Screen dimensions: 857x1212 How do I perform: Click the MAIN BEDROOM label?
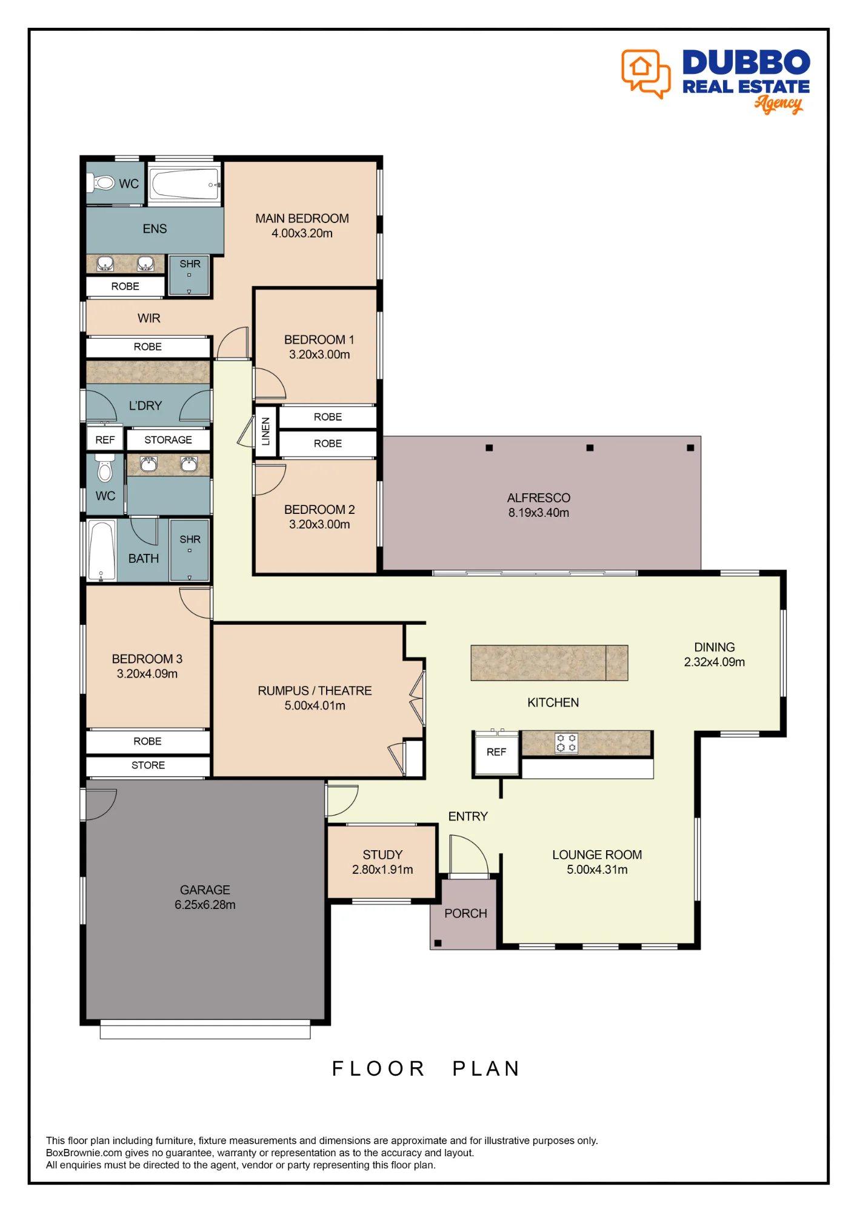[302, 218]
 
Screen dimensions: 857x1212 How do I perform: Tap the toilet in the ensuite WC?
[101, 182]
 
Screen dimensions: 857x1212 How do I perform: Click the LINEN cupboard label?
[265, 431]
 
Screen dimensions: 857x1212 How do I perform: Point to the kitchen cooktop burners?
[566, 743]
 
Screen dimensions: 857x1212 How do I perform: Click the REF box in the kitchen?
[496, 752]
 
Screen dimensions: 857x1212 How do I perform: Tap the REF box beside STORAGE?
[105, 440]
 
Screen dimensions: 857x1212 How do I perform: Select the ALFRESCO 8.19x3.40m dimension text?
[539, 513]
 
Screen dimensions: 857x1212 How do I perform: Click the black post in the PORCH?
[438, 943]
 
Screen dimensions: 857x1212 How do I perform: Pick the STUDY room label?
[382, 854]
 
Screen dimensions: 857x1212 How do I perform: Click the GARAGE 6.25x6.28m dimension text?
[205, 905]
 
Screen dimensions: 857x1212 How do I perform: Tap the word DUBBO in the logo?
[746, 62]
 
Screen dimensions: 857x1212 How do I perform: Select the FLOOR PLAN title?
[426, 1068]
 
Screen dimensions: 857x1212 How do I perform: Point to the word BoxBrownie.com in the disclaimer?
[84, 1153]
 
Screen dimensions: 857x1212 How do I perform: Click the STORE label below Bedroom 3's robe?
[148, 765]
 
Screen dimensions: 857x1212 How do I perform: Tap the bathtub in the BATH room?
[102, 550]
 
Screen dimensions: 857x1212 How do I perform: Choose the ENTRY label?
[468, 816]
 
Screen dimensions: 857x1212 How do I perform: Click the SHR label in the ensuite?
[190, 264]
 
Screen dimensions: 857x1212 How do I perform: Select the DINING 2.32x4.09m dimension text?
[715, 662]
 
